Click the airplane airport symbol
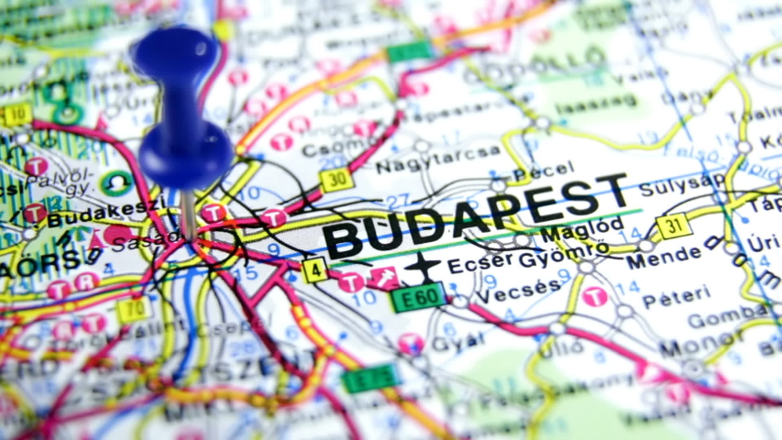click(422, 266)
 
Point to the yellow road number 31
click(674, 225)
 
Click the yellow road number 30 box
click(336, 179)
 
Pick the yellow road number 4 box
click(314, 269)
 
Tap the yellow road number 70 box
click(134, 310)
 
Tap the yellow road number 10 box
click(17, 115)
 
